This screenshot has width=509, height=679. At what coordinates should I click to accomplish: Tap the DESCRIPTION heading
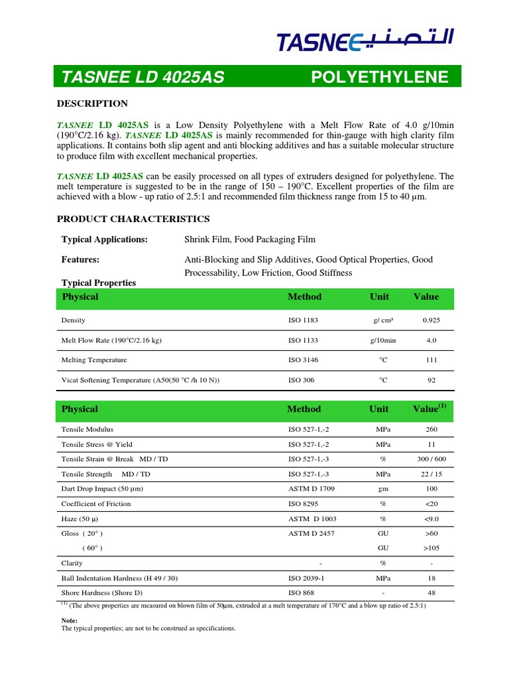pyautogui.click(x=92, y=103)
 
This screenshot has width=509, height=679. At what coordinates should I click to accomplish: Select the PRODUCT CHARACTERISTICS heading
pyautogui.click(x=133, y=219)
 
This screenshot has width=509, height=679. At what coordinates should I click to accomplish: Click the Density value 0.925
pyautogui.click(x=431, y=320)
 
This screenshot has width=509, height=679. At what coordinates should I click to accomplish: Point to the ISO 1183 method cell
pyautogui.click(x=303, y=320)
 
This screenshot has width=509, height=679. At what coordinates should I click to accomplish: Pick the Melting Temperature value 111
pyautogui.click(x=431, y=360)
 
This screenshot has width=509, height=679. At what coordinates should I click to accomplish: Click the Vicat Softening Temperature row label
pyautogui.click(x=140, y=381)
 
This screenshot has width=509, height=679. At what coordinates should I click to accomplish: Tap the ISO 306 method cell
pyautogui.click(x=301, y=381)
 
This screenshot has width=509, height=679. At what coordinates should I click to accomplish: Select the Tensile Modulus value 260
pyautogui.click(x=431, y=430)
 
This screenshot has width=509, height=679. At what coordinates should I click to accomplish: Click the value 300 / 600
pyautogui.click(x=431, y=460)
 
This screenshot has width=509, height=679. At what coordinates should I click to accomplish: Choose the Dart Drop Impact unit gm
pyautogui.click(x=382, y=489)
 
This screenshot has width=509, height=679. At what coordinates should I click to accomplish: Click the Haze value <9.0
pyautogui.click(x=431, y=519)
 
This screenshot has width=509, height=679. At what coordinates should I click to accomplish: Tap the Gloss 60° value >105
pyautogui.click(x=431, y=548)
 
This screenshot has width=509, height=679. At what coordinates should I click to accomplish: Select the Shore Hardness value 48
pyautogui.click(x=431, y=593)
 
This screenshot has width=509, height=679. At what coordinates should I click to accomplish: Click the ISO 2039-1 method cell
pyautogui.click(x=306, y=578)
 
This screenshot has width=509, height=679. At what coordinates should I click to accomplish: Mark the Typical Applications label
pyautogui.click(x=105, y=239)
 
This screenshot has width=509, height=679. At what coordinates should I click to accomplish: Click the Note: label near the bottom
pyautogui.click(x=69, y=620)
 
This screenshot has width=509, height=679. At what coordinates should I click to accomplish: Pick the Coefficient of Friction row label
pyautogui.click(x=96, y=504)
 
